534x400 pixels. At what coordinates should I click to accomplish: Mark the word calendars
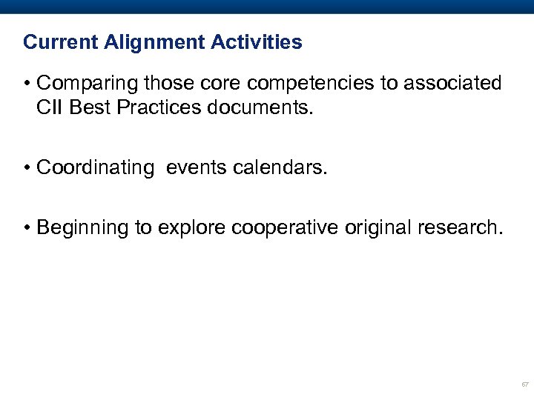[279, 167]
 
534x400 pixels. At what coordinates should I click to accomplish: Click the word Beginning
[82, 227]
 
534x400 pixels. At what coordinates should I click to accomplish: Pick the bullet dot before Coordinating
[27, 168]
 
